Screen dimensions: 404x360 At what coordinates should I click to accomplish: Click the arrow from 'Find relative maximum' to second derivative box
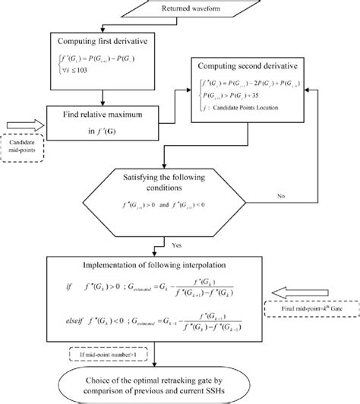185,106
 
